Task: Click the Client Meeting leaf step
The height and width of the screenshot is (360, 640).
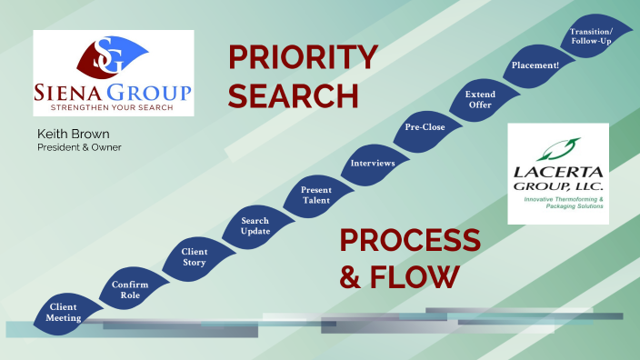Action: [x=64, y=312]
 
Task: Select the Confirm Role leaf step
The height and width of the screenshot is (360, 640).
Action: [x=130, y=290]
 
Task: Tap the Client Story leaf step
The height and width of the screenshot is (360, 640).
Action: [x=195, y=257]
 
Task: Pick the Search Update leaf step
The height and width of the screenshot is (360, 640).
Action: [x=255, y=226]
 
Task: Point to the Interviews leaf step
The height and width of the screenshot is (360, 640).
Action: [x=373, y=164]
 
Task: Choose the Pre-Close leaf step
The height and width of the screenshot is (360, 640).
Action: [x=425, y=127]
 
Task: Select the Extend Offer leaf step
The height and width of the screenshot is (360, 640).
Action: [x=479, y=98]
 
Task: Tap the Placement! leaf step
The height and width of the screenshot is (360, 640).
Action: [x=535, y=65]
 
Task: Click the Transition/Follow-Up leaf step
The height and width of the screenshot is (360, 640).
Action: [x=591, y=36]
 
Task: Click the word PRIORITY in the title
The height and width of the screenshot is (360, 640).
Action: [x=302, y=57]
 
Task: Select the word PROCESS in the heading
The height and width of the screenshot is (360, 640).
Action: [x=410, y=241]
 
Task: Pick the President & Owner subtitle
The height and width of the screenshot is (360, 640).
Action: [x=79, y=147]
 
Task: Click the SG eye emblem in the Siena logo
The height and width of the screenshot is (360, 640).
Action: [x=114, y=57]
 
